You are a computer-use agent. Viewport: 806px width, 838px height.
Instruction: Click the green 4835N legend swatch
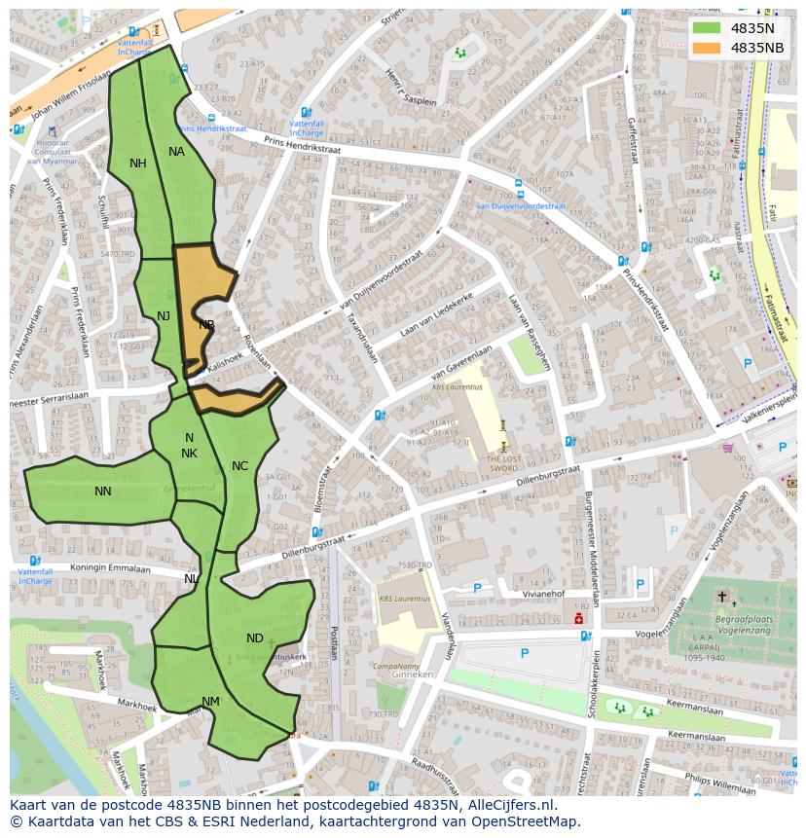pos(707,28)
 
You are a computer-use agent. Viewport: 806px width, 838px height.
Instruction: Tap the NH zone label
pos(138,164)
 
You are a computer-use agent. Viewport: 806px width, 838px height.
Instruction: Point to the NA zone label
pos(176,152)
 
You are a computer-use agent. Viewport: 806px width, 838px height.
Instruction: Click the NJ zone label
pos(164,315)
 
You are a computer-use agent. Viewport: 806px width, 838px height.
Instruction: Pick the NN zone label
pos(103,492)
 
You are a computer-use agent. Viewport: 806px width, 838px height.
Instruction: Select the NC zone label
pos(239,466)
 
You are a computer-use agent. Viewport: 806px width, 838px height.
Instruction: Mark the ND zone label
pos(254,638)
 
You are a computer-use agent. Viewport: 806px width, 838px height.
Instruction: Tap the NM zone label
pos(210,702)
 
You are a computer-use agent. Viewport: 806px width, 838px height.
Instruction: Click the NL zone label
pos(191,579)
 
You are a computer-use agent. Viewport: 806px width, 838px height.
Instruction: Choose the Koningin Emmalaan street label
pos(83,568)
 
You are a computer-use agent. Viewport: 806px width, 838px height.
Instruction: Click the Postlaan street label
pos(334,642)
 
